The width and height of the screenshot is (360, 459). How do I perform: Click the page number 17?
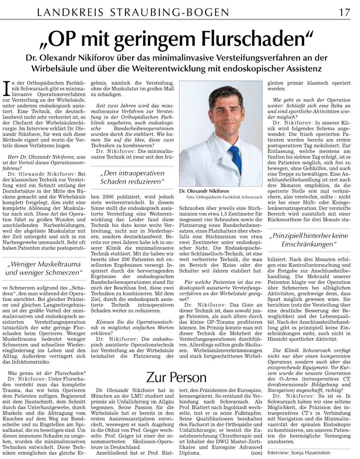[345, 12]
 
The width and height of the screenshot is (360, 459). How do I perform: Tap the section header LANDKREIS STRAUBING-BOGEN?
[133, 13]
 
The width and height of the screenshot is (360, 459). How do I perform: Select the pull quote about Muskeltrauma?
[44, 268]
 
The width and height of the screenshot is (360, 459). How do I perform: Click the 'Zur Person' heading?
[176, 377]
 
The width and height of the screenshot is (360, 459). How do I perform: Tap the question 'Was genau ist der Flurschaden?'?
[47, 373]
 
